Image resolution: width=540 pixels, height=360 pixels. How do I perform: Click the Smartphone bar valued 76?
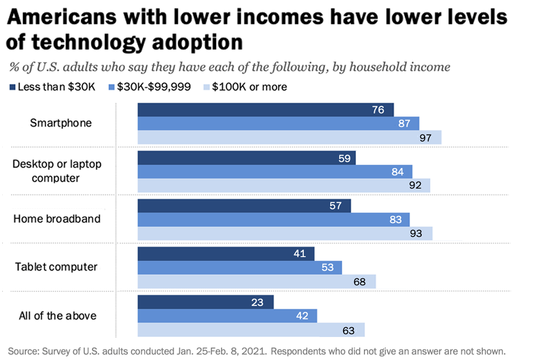point(265,110)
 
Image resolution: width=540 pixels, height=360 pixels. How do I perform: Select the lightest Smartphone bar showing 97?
point(289,137)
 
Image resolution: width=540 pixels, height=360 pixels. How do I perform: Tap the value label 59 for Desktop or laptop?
point(345,158)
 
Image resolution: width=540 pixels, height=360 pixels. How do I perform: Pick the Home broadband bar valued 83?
point(273,219)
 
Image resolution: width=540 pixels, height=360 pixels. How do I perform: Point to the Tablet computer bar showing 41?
point(226,254)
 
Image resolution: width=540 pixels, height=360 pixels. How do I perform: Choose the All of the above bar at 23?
point(205,302)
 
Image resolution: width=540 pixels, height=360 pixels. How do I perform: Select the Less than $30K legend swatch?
point(12,87)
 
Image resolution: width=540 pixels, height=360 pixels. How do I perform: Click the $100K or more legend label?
point(249,87)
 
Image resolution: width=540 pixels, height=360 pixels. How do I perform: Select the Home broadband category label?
point(57,219)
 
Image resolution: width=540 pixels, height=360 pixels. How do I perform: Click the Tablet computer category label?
point(57,267)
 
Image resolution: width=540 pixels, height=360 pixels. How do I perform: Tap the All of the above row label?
point(57,316)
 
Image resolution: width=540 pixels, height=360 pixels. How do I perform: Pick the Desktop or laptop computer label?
point(57,171)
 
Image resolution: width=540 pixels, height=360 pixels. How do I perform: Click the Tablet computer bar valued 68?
point(256,281)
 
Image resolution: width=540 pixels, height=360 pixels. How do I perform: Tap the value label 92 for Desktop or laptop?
point(415,185)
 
